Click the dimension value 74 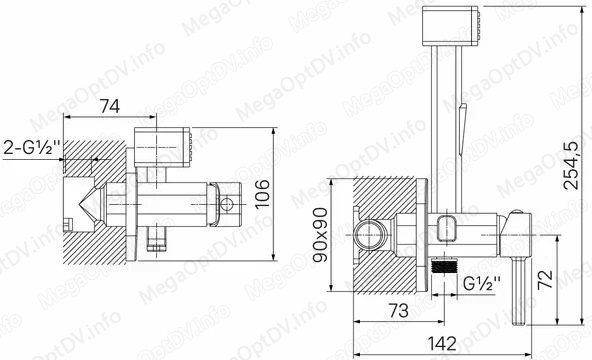(x=110, y=106)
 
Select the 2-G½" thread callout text (x=32, y=148)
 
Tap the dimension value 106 (x=262, y=193)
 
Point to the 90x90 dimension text (x=320, y=235)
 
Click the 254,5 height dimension (x=570, y=165)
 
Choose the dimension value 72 (x=545, y=279)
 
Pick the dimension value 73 (x=399, y=310)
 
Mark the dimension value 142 (x=442, y=343)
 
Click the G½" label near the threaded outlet (x=481, y=283)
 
